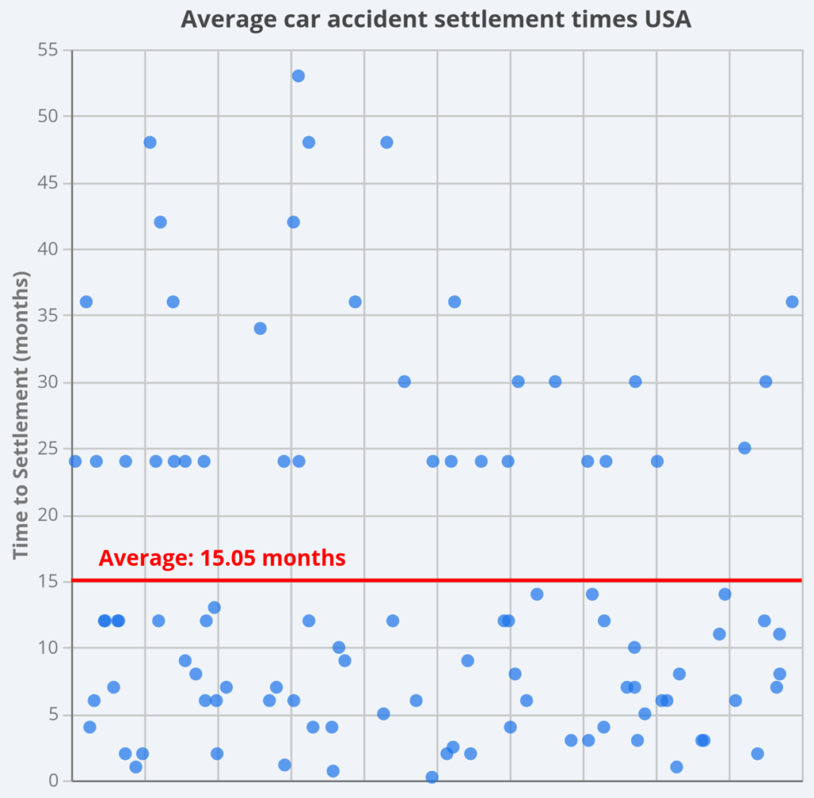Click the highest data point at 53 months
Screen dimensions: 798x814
point(298,76)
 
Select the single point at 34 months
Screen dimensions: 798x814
point(260,328)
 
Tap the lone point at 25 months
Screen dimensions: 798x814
point(745,447)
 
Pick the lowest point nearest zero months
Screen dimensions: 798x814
point(432,777)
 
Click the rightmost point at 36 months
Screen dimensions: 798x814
point(792,302)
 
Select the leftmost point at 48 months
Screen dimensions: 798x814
point(149,142)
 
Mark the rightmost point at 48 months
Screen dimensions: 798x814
point(386,142)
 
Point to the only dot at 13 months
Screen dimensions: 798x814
point(214,607)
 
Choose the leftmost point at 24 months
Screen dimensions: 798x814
point(76,461)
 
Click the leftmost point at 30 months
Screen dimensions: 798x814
point(404,381)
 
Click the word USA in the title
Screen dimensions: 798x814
point(665,19)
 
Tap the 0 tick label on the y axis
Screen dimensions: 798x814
point(57,780)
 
